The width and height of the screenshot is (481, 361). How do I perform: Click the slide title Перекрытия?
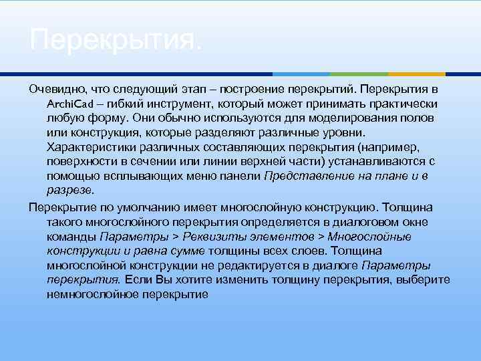coord(114,43)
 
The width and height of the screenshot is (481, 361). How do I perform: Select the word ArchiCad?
coord(69,104)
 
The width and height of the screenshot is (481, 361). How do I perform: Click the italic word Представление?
coord(303,176)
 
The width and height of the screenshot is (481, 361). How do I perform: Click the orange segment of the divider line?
coord(418,74)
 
